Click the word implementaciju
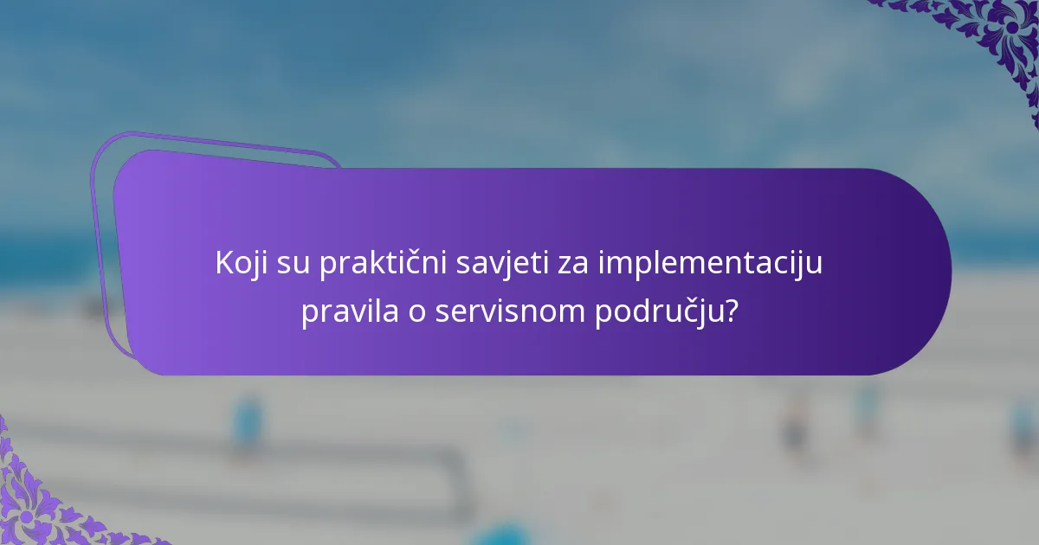point(710,263)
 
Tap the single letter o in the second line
point(415,312)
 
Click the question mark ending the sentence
point(732,311)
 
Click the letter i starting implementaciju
point(602,263)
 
